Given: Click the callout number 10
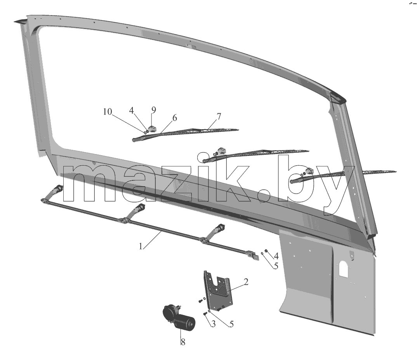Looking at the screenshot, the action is [108, 112].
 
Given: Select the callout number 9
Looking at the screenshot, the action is [153, 110].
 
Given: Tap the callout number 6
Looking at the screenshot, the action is [174, 118].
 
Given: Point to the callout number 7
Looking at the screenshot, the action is [219, 116].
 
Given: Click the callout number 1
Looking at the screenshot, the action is [141, 246].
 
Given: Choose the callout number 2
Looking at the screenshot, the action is [246, 282].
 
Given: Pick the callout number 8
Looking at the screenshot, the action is [183, 342].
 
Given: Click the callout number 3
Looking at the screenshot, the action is [213, 324].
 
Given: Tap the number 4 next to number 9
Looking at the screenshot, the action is [131, 111].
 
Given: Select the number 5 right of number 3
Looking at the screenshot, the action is [232, 324].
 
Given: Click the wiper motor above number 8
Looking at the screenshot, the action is [179, 317].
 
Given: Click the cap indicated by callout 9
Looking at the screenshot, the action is [152, 130].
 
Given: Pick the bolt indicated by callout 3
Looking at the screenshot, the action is [205, 314].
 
